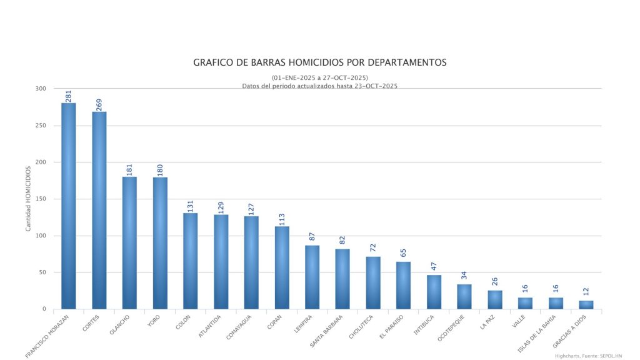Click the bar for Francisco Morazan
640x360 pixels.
tap(68, 206)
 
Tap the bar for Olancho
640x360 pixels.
tap(129, 243)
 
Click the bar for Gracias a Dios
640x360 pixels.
tap(586, 305)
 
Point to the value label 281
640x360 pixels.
tap(69, 96)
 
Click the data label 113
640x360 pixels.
tap(282, 219)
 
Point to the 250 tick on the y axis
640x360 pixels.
tap(41, 126)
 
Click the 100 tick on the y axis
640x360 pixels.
tap(41, 236)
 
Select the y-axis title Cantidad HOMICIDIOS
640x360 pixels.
tap(28, 199)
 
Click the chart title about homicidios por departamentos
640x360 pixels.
tap(320, 62)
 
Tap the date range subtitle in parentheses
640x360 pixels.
tap(320, 77)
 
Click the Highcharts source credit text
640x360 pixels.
tap(588, 356)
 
